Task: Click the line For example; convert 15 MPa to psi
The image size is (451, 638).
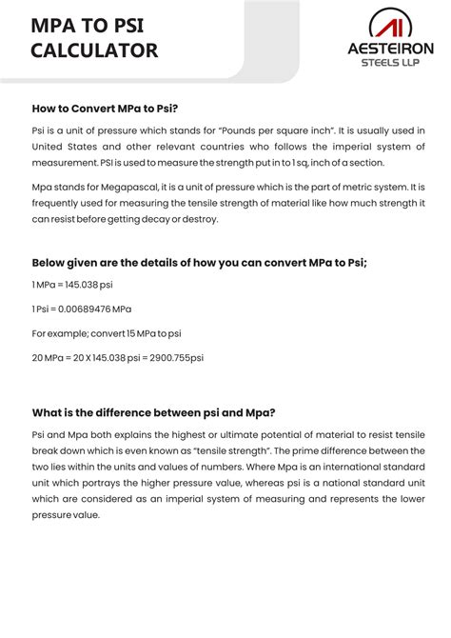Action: (x=107, y=333)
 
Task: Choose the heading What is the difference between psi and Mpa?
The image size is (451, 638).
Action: (x=154, y=412)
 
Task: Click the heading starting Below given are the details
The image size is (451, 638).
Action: (x=199, y=263)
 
